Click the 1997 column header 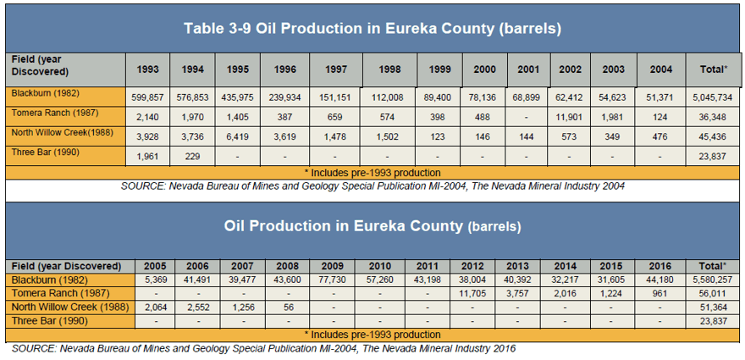click(x=335, y=69)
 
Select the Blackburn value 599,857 click(x=148, y=98)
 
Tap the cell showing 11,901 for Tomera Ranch click(x=570, y=118)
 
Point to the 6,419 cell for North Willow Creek click(x=238, y=137)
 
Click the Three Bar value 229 click(x=192, y=157)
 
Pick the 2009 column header click(x=332, y=266)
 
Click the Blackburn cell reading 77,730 click(x=332, y=280)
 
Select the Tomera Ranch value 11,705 click(x=472, y=293)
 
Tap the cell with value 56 click(x=289, y=307)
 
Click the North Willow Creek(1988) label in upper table click(x=63, y=133)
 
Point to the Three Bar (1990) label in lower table click(x=50, y=321)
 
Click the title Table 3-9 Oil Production click(x=288, y=29)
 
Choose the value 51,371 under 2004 click(x=661, y=98)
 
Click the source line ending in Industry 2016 click(x=263, y=348)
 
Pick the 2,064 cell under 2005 click(x=155, y=307)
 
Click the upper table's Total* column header click(x=714, y=69)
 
